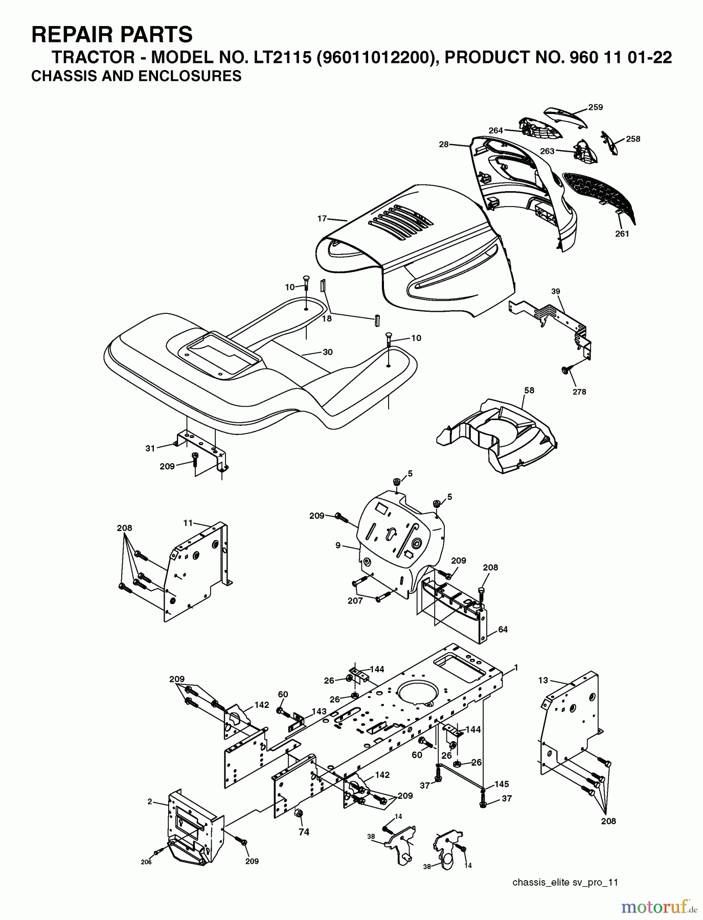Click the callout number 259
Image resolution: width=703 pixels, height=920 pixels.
595,107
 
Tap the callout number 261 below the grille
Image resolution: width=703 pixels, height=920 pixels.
622,234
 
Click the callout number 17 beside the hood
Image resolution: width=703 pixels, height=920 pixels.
322,219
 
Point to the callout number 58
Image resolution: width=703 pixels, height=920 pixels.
529,390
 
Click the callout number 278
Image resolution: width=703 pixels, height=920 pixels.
579,392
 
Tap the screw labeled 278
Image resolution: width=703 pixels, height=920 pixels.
566,370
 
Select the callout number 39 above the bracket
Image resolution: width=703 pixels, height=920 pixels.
556,291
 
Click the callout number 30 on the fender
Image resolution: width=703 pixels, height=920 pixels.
327,352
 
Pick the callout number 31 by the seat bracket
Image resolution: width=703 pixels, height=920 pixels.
150,448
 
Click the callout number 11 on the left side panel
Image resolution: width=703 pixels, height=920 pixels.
188,523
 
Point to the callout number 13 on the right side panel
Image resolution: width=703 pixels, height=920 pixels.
543,680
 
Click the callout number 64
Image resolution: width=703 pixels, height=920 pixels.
503,630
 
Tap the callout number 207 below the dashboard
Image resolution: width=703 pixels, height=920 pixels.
354,601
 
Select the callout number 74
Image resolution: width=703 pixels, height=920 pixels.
304,832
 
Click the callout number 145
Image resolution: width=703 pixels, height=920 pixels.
502,784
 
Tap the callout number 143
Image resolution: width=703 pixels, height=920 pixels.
319,711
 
